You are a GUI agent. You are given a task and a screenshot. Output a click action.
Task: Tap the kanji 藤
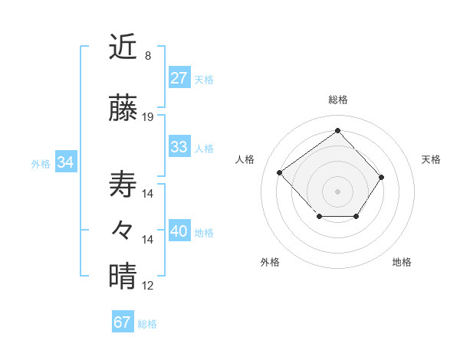tap(123, 109)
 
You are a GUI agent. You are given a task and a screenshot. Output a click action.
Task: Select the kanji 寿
tap(123, 185)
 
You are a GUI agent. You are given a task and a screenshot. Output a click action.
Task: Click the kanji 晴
tap(123, 277)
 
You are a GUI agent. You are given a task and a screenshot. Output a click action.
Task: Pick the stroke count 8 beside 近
tap(148, 56)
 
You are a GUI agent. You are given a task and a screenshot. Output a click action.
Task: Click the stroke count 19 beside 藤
tap(148, 117)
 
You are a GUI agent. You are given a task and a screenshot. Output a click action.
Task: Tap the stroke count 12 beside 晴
tap(148, 286)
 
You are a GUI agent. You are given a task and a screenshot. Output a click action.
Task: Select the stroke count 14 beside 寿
tap(148, 193)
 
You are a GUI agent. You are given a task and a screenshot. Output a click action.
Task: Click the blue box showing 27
tap(179, 78)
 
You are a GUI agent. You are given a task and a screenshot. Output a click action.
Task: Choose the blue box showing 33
tap(179, 147)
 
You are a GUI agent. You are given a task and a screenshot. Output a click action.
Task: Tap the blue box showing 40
tap(179, 231)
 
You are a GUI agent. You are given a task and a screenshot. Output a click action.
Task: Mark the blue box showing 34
tap(65, 162)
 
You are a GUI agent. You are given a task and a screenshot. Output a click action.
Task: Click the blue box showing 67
tap(122, 322)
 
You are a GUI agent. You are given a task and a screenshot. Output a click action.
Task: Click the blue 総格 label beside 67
tap(147, 324)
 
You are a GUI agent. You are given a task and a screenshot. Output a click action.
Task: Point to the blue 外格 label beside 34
tap(41, 163)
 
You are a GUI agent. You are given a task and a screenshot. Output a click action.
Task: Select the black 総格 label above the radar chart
tap(337, 100)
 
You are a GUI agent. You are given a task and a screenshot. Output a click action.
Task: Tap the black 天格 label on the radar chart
tap(431, 159)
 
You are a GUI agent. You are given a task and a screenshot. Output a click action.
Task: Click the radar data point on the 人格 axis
tap(280, 173)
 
